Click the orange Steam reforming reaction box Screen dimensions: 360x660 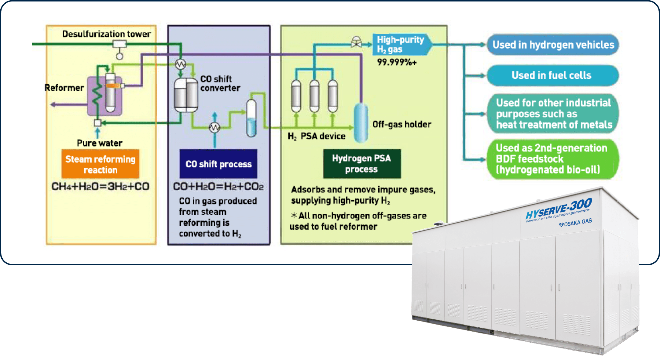coord(100,164)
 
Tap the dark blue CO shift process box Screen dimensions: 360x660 coord(218,164)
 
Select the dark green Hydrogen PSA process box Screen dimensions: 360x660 coord(362,164)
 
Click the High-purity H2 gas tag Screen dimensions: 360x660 coord(401,45)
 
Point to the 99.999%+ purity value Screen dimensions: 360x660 coord(397,62)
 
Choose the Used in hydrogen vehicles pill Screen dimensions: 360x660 coord(553,45)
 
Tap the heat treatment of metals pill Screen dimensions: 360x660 coord(553,114)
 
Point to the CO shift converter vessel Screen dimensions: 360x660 coord(186,95)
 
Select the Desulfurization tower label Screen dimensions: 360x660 coord(106,34)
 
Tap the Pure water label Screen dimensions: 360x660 coord(99,143)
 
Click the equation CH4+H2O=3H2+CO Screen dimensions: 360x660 coord(100,187)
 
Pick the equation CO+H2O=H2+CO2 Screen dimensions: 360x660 coord(218,187)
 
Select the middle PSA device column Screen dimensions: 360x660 coord(314,96)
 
